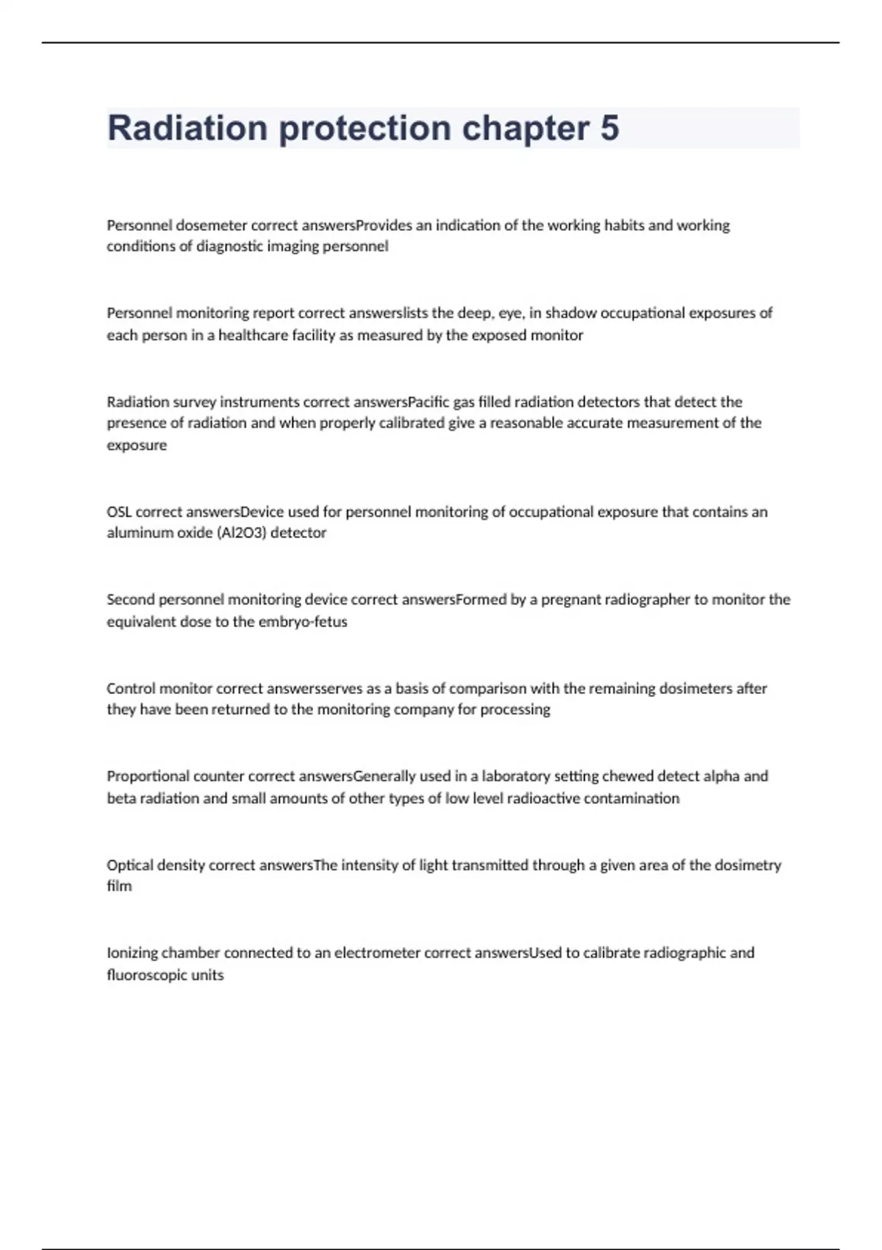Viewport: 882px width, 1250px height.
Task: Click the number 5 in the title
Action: [x=609, y=128]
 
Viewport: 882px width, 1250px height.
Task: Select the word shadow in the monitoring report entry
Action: [x=570, y=313]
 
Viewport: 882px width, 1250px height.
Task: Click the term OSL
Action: [x=119, y=512]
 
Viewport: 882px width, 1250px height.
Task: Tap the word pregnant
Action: [x=571, y=600]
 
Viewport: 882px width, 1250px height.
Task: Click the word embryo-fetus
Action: [x=303, y=622]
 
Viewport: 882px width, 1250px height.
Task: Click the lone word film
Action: [x=119, y=887]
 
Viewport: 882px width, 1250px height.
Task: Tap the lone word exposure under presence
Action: [x=137, y=446]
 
